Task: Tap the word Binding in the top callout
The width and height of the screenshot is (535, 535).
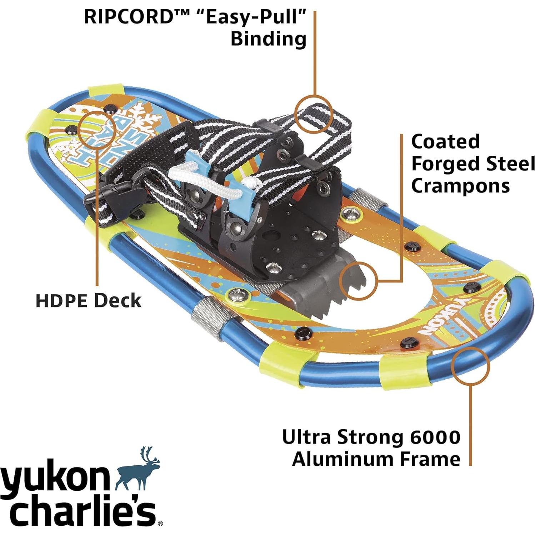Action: point(268,39)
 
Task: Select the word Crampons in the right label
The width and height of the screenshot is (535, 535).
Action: point(460,186)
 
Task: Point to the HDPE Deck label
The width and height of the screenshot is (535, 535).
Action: point(88,301)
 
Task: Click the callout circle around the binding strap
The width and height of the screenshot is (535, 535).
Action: point(314,115)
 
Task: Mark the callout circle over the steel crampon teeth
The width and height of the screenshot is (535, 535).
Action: point(358,280)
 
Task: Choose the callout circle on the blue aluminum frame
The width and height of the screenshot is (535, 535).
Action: point(470,365)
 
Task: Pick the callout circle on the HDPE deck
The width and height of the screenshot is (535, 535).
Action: point(96,130)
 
